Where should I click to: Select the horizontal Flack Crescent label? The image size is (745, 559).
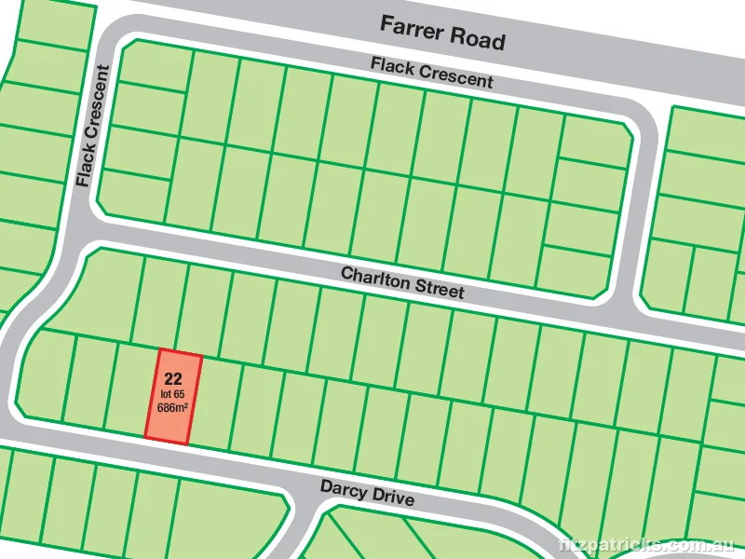coord(431,72)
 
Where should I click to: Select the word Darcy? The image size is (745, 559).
coord(340,488)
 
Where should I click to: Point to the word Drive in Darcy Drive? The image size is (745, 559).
coord(392,498)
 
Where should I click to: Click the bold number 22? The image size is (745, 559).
coord(171,378)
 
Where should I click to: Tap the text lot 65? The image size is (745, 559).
coord(171,393)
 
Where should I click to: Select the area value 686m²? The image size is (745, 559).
coord(170,407)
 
